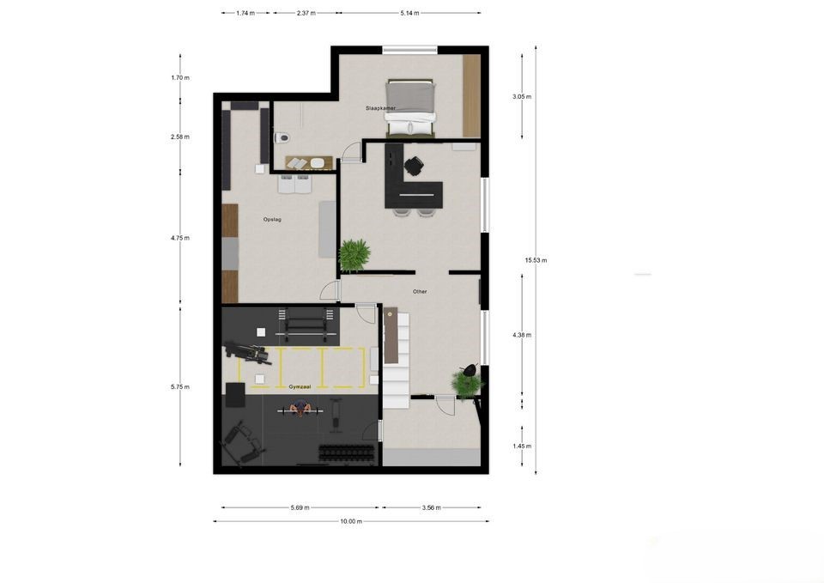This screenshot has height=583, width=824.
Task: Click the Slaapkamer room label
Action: tap(380, 108)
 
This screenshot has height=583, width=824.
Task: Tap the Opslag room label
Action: tap(272, 220)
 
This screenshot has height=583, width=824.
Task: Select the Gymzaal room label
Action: tap(300, 387)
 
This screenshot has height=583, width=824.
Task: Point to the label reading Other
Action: tap(420, 292)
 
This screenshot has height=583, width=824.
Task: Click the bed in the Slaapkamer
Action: tap(409, 107)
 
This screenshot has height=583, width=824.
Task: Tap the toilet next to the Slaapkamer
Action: tap(281, 137)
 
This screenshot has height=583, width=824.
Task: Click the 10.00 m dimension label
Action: tap(351, 521)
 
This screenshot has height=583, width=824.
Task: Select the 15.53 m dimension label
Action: tap(536, 260)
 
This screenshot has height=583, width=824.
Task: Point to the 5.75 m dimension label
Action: tap(180, 387)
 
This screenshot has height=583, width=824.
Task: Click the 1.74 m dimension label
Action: tap(245, 13)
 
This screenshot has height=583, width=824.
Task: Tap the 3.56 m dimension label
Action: tap(431, 507)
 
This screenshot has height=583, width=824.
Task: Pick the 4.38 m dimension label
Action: tap(522, 335)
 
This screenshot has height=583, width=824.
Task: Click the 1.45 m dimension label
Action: tap(522, 446)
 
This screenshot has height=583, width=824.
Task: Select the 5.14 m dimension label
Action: tap(410, 13)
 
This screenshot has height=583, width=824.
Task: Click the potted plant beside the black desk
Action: tap(354, 254)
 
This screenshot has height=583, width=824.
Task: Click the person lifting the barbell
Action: tap(296, 410)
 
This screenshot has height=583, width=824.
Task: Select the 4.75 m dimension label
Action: tap(180, 238)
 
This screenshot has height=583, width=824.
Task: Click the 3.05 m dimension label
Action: tap(522, 97)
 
